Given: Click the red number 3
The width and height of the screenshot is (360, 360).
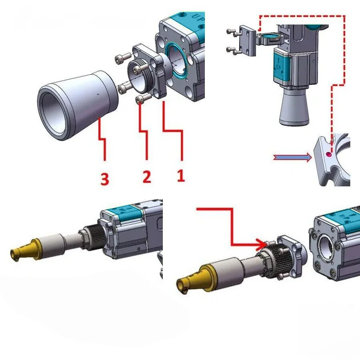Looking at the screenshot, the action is coord(105,179).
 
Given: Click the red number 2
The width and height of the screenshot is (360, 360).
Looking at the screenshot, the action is coord(147,176).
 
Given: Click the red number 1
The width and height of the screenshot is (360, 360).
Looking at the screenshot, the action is coord(181,176).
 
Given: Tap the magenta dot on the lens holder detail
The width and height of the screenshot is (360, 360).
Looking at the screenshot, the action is coord(329,154).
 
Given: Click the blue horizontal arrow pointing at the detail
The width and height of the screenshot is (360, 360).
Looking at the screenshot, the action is coord(292,158).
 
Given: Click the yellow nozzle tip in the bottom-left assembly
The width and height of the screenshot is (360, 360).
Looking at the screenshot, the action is coord(25,249).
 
